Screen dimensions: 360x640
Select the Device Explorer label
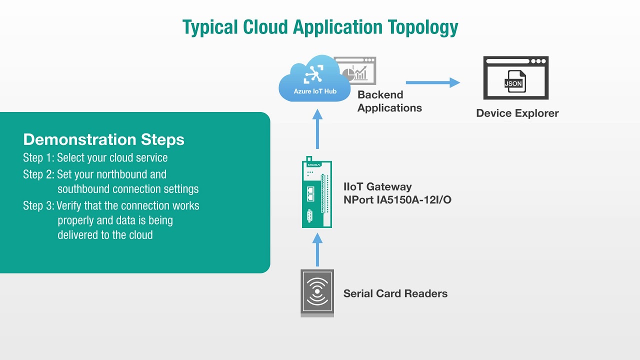pyautogui.click(x=517, y=113)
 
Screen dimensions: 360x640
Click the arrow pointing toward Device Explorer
pyautogui.click(x=432, y=82)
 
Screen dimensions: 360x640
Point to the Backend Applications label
pyautogui.click(x=389, y=101)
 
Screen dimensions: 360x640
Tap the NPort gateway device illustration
pyautogui.click(x=317, y=194)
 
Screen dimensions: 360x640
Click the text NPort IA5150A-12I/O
pyautogui.click(x=397, y=200)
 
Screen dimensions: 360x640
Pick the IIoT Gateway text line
pyautogui.click(x=377, y=187)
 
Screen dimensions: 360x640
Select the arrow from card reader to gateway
pyautogui.click(x=317, y=249)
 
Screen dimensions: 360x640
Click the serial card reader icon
pyautogui.click(x=317, y=293)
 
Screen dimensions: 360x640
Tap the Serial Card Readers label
pyautogui.click(x=395, y=293)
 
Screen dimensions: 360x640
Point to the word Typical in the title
pyautogui.click(x=210, y=27)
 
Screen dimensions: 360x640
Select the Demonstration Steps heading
pyautogui.click(x=103, y=139)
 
